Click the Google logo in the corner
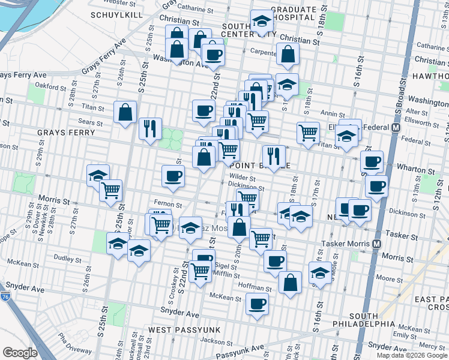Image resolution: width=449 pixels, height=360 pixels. (x=20, y=353)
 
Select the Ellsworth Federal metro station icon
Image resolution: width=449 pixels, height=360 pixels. (x=396, y=127)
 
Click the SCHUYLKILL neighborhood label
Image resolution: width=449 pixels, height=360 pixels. (x=115, y=14)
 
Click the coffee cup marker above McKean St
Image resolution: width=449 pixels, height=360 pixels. (x=258, y=305)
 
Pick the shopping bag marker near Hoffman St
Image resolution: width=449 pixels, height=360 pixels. (x=290, y=284)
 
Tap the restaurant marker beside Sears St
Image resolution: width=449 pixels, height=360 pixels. (x=149, y=128)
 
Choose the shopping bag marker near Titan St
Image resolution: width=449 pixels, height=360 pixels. (x=125, y=112)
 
